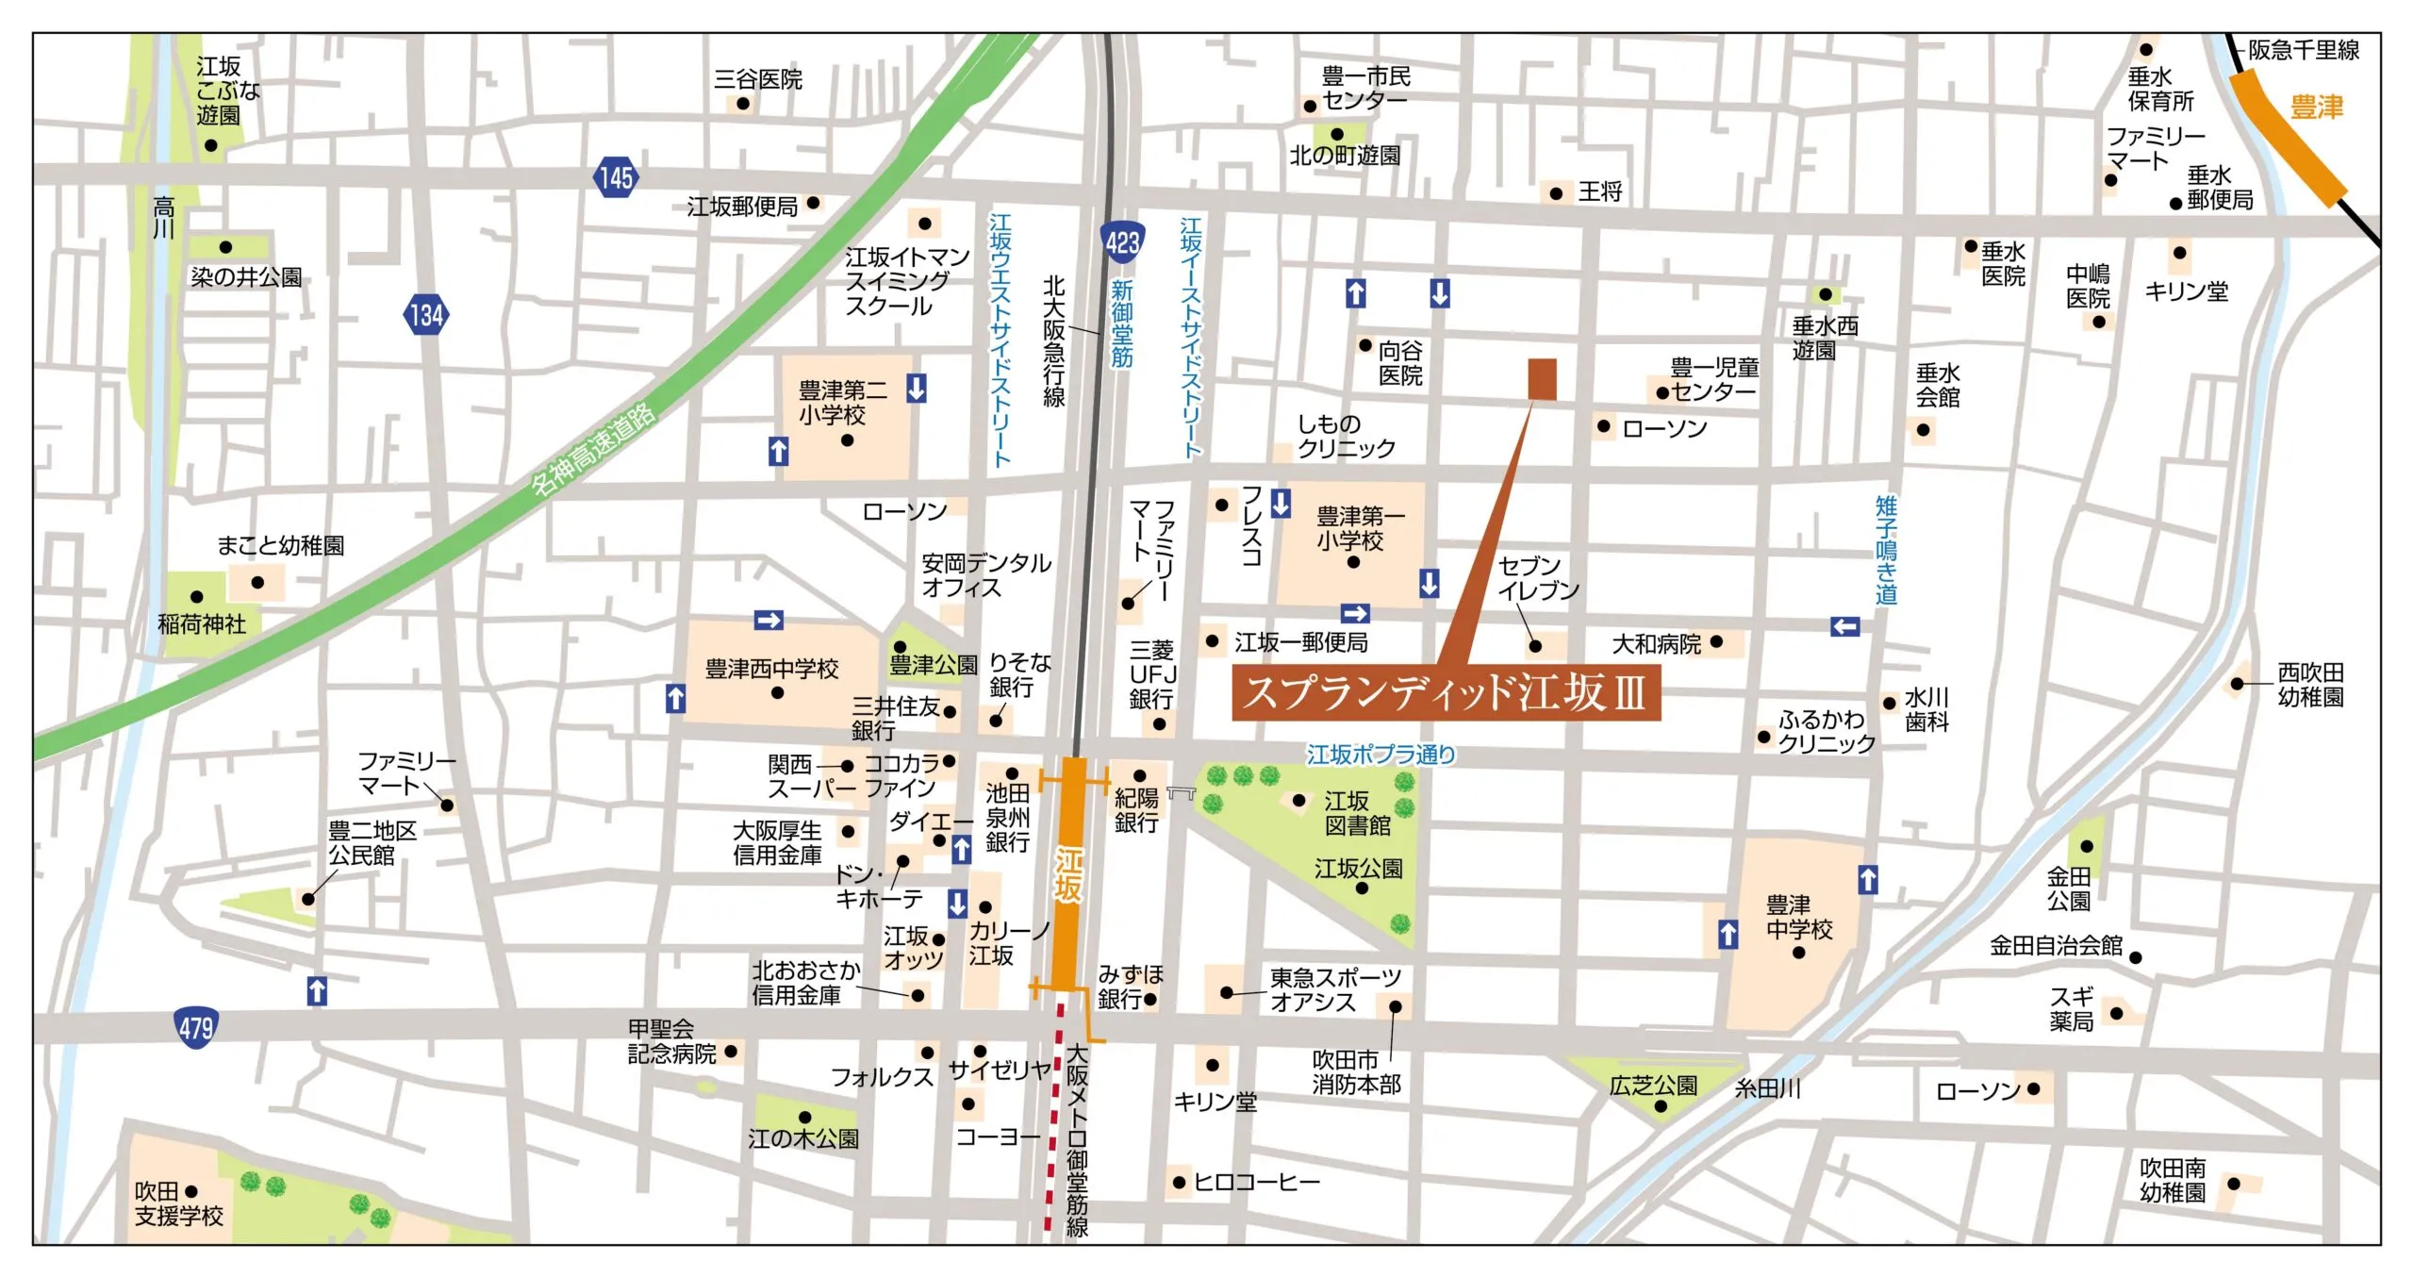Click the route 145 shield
coord(615,177)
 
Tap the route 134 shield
coord(426,315)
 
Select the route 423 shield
coord(1122,243)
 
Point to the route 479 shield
coord(196,1027)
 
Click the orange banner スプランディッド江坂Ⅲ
coord(1445,693)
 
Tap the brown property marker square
coord(1542,379)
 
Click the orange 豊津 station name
coord(2316,108)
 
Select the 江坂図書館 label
coord(1357,814)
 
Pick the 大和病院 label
coord(1656,644)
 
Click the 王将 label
coord(1600,192)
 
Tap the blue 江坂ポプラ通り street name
coord(1381,755)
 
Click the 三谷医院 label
coord(757,80)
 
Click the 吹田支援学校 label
coord(178,1204)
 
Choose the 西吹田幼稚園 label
coord(2309,685)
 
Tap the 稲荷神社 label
coord(201,623)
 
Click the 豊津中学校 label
coord(1798,918)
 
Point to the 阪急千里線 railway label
coord(2303,51)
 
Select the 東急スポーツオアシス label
coord(1334,989)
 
